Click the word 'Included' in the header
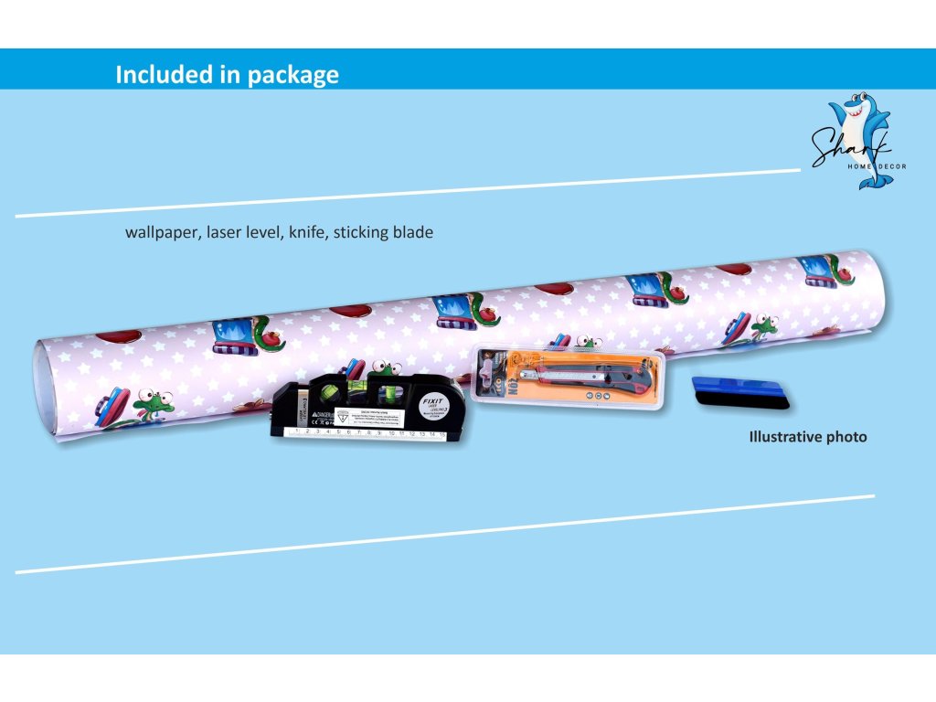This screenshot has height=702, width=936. pos(155,75)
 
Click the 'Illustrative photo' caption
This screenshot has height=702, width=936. pos(807,437)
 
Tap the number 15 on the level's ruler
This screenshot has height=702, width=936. pos(443,435)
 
